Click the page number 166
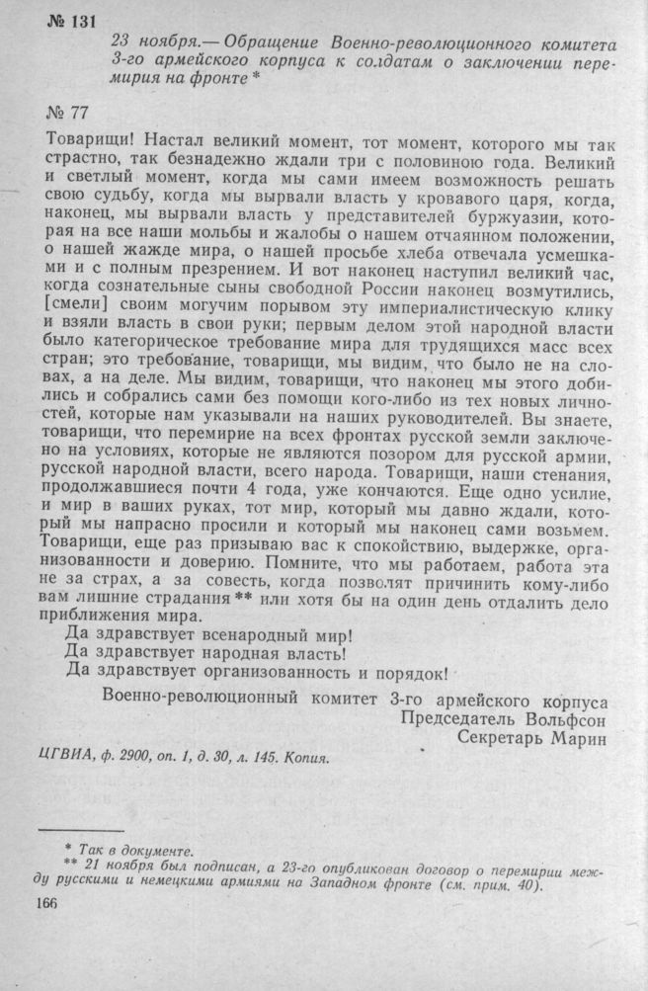point(49,904)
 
